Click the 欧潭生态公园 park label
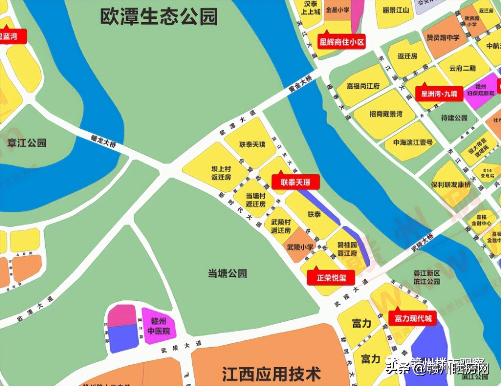pos(159,17)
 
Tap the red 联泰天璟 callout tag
pos(295,182)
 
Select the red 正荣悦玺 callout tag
pos(331,278)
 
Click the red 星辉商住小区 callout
pos(341,41)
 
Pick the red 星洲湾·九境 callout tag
pos(439,94)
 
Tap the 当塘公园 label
pos(227,273)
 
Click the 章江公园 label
pos(27,143)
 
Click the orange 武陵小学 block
pos(300,246)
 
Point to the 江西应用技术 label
pos(272,374)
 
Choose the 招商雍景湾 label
pos(386,114)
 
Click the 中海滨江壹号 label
pos(413,143)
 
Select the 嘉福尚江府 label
pos(363,86)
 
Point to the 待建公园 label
pos(454,118)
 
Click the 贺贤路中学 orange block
pos(443,38)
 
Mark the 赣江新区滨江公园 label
pos(427,277)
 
